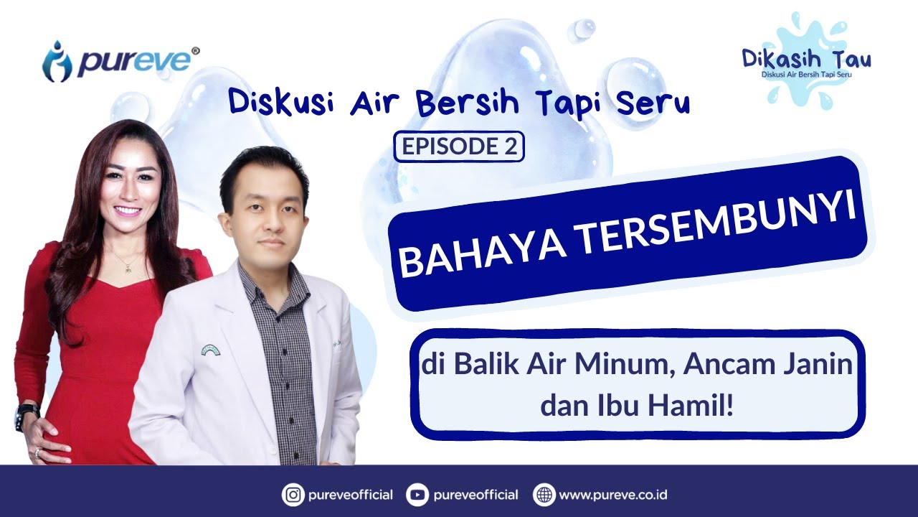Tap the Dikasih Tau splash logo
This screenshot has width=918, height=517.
[807, 61]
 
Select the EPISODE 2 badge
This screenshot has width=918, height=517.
[459, 146]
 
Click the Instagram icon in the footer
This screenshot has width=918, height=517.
[292, 495]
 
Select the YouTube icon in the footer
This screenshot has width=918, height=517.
[417, 495]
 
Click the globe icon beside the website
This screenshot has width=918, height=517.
[544, 495]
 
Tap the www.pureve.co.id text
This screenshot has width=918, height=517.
[613, 495]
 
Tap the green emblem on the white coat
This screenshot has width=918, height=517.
[210, 350]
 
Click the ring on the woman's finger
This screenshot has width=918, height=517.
[38, 452]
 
